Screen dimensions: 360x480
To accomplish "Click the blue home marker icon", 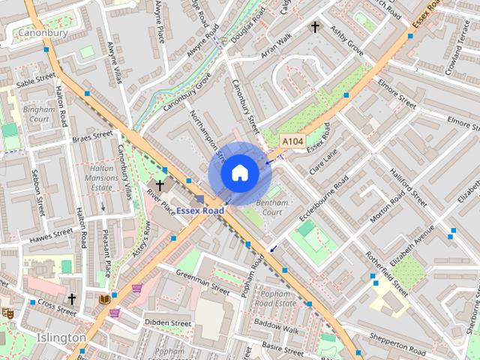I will [x=239, y=173].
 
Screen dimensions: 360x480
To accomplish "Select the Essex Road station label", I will [x=200, y=211].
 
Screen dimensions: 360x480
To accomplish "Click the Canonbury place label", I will [x=43, y=33].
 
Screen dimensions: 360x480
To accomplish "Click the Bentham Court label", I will [x=268, y=207].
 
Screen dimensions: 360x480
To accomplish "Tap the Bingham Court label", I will [x=36, y=114].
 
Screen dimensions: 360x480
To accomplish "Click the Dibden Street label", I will [x=168, y=322].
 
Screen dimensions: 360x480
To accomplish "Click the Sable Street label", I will [x=37, y=79].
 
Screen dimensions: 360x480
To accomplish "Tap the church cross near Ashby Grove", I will [x=316, y=28].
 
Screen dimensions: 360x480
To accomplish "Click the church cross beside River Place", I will [x=159, y=184].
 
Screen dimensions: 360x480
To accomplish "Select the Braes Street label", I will [x=92, y=137].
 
